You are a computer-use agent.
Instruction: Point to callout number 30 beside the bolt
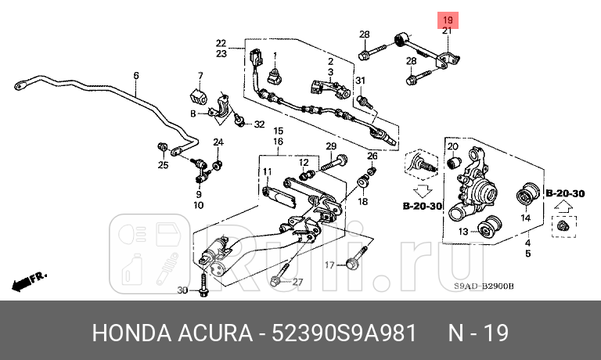pos(182,290)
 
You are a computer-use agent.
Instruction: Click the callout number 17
pos(329,265)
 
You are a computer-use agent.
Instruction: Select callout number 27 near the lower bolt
pos(297,282)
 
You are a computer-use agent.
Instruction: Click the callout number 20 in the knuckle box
pos(452,146)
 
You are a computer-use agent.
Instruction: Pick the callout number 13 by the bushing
pos(462,231)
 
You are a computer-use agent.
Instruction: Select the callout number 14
pos(526,218)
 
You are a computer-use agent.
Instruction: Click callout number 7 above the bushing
pos(200,76)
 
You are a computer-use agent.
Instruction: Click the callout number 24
pos(218,142)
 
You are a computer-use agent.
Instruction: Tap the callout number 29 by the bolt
pos(331,147)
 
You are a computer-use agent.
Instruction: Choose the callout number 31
pos(360,81)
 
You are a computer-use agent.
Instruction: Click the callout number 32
pos(259,124)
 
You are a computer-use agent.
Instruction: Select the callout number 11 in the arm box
pos(266,171)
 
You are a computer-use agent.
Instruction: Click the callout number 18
pos(363,201)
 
